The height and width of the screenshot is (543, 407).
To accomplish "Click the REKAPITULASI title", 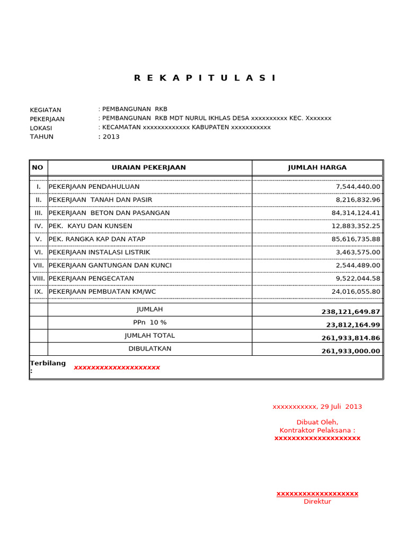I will pos(205,78).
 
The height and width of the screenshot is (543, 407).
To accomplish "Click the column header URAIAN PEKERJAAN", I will pos(149,168).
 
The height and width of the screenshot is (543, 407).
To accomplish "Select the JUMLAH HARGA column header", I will pos(317,168).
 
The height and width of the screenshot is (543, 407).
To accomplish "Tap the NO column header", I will pos(38,168).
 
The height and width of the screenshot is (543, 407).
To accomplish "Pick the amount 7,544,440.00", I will pos(358,187).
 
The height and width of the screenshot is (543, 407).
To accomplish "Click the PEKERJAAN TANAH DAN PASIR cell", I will pos(100,200).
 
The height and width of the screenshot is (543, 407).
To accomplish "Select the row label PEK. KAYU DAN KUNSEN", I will pos(91,226).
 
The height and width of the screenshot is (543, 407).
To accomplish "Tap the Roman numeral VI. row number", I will pos(39,252).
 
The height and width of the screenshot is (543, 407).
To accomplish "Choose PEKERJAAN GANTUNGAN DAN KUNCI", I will pos(110,265).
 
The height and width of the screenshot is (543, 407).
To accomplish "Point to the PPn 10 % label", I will pos(149,322).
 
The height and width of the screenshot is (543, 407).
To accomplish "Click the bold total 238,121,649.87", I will pos(351,312).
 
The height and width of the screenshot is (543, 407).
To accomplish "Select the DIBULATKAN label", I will pos(149,348).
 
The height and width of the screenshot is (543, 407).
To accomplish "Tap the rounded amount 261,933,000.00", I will pos(351,351).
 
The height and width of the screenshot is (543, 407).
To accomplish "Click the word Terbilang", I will pos(48,363).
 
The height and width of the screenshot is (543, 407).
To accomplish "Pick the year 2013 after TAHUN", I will pos(111,137).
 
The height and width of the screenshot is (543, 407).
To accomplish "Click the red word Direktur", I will pos(317,502).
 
